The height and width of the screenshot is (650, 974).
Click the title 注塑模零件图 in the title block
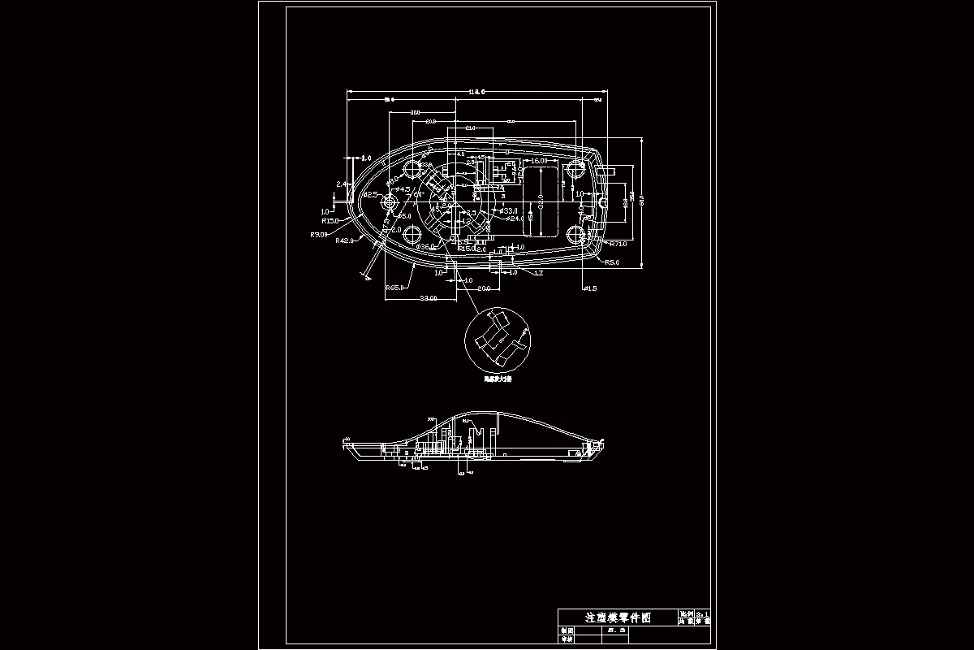coord(618,617)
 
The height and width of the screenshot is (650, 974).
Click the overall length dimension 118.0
coord(476,91)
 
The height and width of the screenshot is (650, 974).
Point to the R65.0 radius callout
coord(395,288)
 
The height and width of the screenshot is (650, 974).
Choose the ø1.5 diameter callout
coord(590,288)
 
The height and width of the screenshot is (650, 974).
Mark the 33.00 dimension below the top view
coord(428,298)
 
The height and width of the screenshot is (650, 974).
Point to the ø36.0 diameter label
coord(425,246)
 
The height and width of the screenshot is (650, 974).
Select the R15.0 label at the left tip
coord(330,221)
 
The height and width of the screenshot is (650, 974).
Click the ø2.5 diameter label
coord(370,195)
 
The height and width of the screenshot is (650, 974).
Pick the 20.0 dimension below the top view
coord(483,288)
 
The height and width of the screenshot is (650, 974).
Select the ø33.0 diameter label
coord(511,210)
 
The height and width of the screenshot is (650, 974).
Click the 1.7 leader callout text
coord(538,273)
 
